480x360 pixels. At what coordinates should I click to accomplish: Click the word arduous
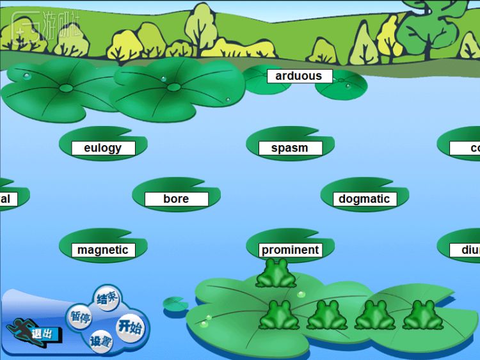click(299, 76)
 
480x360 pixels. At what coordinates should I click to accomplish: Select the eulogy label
click(103, 148)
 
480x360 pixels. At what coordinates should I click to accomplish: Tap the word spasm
click(290, 148)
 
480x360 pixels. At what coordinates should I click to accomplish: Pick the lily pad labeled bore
click(176, 199)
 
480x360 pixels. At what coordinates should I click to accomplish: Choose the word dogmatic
click(364, 199)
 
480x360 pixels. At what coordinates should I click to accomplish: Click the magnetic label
click(103, 250)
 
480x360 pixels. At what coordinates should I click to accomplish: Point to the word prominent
click(290, 250)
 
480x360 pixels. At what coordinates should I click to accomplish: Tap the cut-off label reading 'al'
click(6, 199)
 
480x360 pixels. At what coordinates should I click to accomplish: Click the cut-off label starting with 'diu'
click(470, 250)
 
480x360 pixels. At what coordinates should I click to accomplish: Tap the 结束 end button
click(107, 298)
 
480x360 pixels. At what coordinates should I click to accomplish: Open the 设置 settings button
click(101, 341)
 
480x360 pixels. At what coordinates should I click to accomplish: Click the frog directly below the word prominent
click(276, 274)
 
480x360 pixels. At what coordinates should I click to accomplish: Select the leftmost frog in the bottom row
click(279, 315)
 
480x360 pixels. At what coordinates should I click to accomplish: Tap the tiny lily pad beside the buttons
click(175, 304)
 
